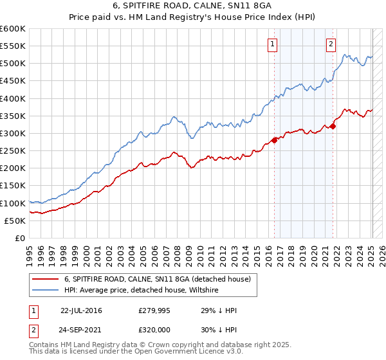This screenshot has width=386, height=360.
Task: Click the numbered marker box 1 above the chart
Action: click(x=273, y=44)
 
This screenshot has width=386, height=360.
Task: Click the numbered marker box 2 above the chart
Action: click(x=331, y=44)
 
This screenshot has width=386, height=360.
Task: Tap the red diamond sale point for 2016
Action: click(x=275, y=140)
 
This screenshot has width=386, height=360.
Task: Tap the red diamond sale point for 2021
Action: click(x=333, y=126)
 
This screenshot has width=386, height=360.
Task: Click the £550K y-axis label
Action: click(x=13, y=46)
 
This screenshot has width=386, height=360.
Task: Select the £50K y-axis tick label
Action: click(x=15, y=221)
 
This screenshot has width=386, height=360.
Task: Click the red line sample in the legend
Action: click(x=45, y=278)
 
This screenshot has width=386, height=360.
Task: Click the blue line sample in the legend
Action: click(x=45, y=291)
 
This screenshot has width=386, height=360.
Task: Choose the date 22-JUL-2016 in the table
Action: click(x=81, y=310)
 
